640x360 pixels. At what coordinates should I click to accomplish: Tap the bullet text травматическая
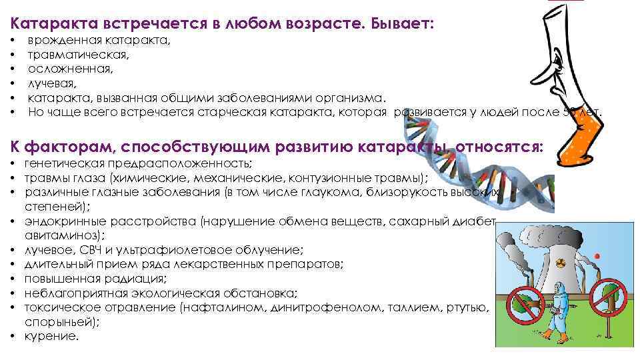click(x=78, y=55)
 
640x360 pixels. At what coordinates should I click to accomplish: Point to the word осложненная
click(x=70, y=69)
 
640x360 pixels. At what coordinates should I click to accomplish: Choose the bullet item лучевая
click(x=53, y=83)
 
